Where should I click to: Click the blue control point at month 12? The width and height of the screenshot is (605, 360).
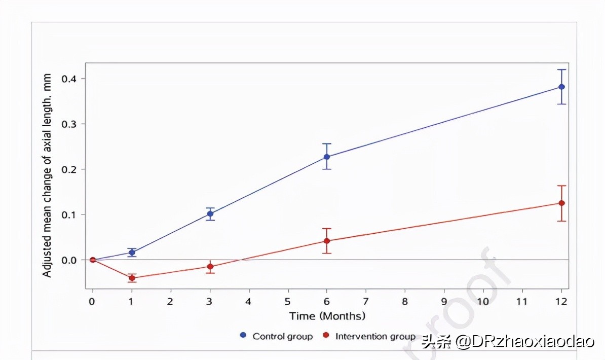click(561, 87)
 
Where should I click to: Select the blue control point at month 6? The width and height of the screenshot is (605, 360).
click(327, 157)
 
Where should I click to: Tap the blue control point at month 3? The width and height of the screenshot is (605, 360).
click(210, 213)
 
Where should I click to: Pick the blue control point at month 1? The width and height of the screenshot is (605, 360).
click(132, 252)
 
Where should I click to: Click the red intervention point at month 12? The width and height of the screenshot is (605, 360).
click(561, 203)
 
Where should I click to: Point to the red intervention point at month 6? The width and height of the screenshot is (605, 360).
click(327, 241)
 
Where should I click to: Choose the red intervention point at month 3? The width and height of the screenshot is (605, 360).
click(210, 267)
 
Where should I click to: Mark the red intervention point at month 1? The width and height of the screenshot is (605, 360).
click(132, 278)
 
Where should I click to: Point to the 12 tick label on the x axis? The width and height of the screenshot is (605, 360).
click(561, 301)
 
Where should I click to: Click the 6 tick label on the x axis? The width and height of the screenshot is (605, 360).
click(327, 301)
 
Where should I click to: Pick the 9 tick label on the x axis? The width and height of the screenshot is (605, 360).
click(444, 301)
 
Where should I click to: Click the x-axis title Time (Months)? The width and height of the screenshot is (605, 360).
click(327, 316)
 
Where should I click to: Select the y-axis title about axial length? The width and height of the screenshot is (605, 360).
click(47, 172)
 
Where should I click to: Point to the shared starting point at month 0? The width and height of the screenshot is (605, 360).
click(93, 260)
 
